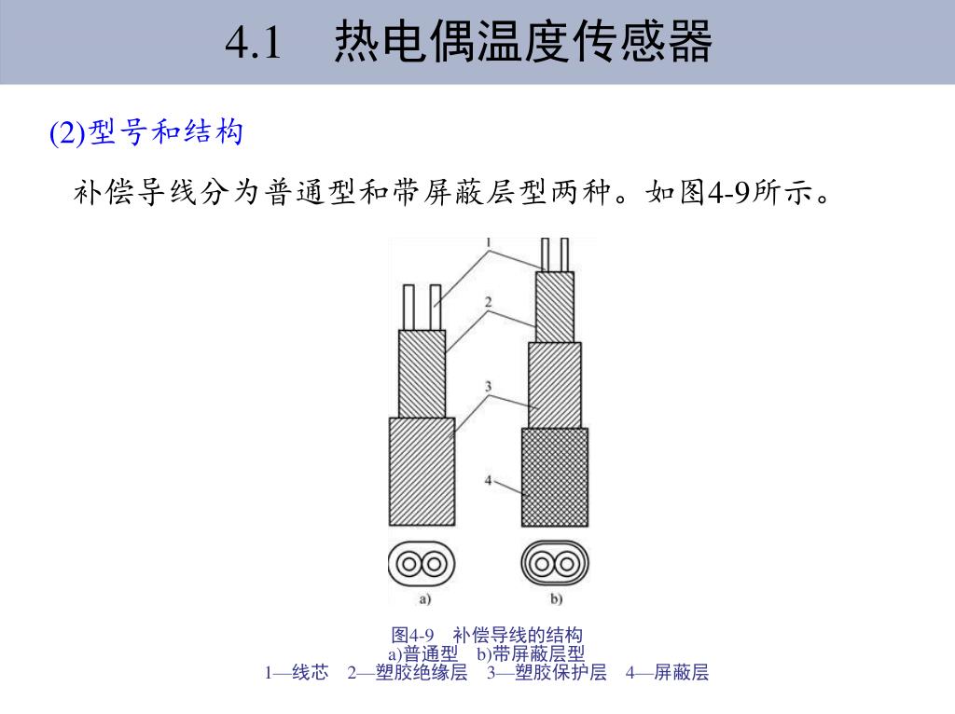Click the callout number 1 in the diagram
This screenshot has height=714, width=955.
pyautogui.click(x=488, y=243)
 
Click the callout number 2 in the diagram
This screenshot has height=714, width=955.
pyautogui.click(x=488, y=302)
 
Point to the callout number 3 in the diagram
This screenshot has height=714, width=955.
pyautogui.click(x=488, y=385)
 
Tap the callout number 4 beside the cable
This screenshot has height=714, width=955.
pyautogui.click(x=488, y=480)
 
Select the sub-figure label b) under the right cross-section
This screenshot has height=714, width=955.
pyautogui.click(x=557, y=597)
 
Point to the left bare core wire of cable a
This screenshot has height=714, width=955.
pyautogui.click(x=408, y=308)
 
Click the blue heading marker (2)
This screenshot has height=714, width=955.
pyautogui.click(x=66, y=133)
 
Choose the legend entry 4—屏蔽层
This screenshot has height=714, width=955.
pyautogui.click(x=667, y=672)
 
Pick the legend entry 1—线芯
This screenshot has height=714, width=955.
pyautogui.click(x=297, y=672)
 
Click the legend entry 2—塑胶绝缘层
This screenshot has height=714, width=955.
pyautogui.click(x=408, y=672)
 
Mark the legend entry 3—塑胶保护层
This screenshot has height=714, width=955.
pyautogui.click(x=547, y=672)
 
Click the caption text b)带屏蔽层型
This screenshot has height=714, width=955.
pyautogui.click(x=531, y=653)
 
